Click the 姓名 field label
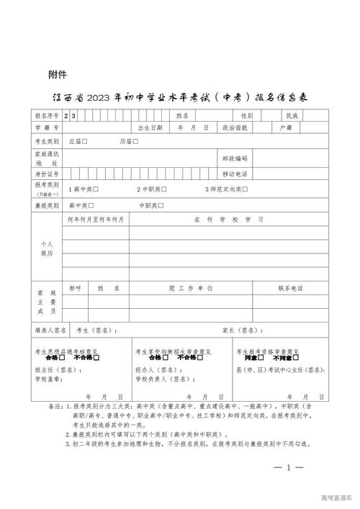click(x=181, y=115)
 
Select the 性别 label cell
click(x=247, y=115)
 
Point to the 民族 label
click(x=292, y=115)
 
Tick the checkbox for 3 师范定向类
click(x=246, y=189)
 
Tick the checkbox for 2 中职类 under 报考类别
click(x=165, y=189)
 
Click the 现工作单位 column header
click(x=192, y=288)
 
